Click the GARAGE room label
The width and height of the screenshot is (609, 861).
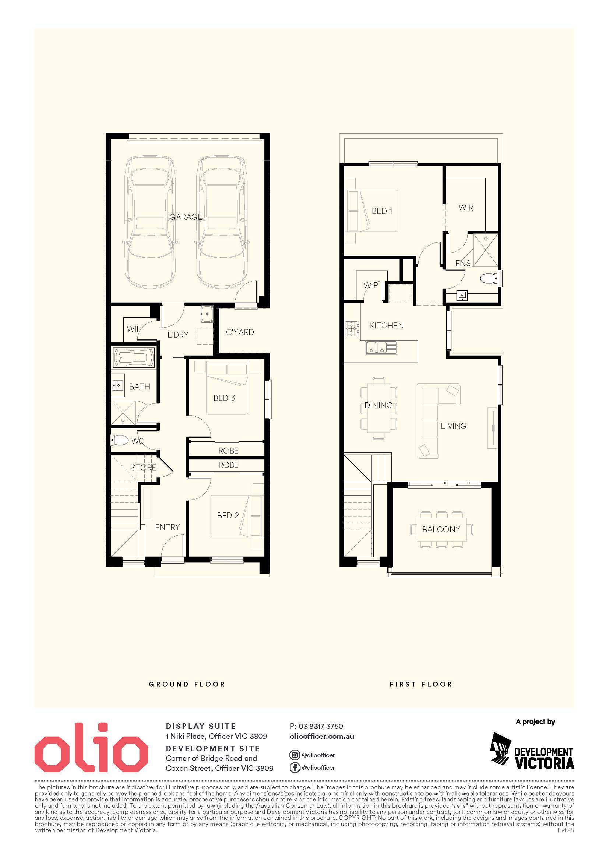click(186, 217)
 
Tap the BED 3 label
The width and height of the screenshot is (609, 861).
click(224, 398)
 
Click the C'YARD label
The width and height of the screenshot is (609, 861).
click(240, 332)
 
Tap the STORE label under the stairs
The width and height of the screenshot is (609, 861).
click(144, 467)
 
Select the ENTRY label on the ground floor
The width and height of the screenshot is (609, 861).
click(167, 527)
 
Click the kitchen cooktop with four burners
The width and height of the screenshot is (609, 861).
click(352, 329)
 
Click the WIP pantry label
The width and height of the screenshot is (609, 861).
click(371, 285)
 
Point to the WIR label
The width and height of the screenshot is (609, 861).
click(466, 207)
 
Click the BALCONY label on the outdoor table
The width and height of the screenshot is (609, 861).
click(441, 529)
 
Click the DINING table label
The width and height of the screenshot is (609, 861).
click(379, 405)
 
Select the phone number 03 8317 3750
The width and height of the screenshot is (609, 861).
click(321, 726)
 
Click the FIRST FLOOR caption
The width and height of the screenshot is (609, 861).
click(421, 684)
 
